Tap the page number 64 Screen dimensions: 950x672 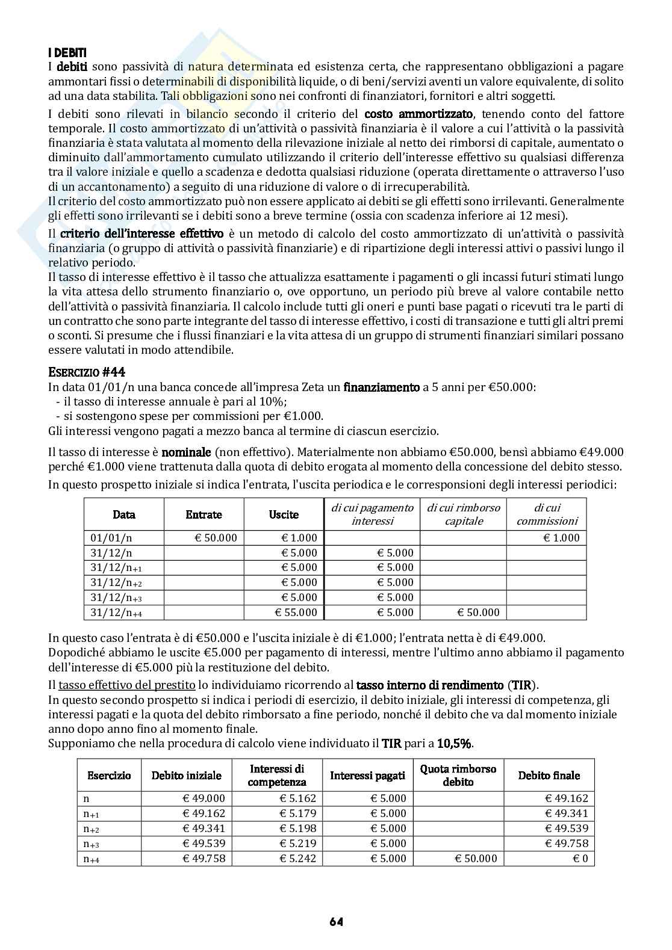coord(336,921)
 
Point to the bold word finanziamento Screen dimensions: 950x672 coord(381,387)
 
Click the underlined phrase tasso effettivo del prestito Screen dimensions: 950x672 coord(126,685)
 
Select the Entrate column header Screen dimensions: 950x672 coord(204,515)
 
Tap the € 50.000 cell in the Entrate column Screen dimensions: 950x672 coord(216,538)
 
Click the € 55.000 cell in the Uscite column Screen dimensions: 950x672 coord(296,612)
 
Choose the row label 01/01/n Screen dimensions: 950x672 coord(111,538)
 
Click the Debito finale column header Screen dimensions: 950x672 coord(549,776)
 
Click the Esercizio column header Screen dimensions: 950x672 coord(109,776)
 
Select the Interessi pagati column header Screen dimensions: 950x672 coord(367,776)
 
